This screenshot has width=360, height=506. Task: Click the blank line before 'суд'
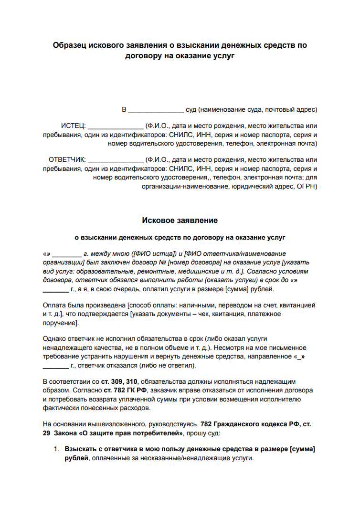click(156, 110)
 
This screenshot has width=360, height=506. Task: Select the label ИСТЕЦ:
click(73, 126)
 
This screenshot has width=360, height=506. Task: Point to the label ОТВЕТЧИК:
click(67, 159)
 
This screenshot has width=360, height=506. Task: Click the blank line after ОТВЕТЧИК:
click(116, 160)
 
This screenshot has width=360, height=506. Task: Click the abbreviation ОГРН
click(307, 186)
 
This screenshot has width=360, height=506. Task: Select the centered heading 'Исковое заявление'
click(180, 220)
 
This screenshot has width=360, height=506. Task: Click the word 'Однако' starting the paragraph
click(53, 339)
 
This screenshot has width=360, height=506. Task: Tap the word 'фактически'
click(59, 408)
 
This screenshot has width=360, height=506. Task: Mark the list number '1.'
click(56, 450)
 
